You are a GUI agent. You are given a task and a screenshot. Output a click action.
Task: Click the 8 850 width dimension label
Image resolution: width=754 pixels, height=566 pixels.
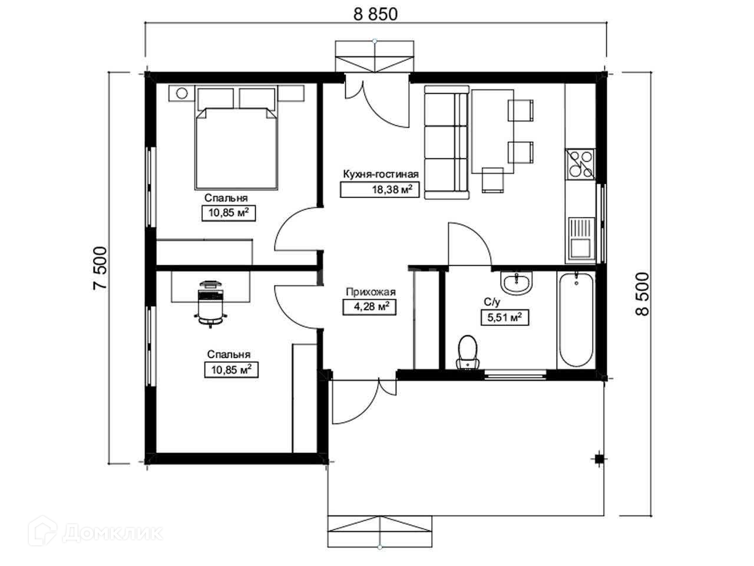click(x=375, y=14)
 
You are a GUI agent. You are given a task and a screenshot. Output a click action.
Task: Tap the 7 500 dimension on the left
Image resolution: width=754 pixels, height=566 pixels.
click(x=100, y=268)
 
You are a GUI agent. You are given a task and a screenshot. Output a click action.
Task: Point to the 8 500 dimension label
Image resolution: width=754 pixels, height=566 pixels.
click(x=642, y=294)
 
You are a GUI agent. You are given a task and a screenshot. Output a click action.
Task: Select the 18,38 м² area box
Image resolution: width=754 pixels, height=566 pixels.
click(x=379, y=189)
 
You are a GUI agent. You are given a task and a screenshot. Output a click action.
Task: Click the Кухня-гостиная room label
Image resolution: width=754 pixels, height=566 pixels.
click(x=381, y=174)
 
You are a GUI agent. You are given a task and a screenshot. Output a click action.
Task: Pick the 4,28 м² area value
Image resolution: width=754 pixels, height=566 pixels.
click(x=369, y=307)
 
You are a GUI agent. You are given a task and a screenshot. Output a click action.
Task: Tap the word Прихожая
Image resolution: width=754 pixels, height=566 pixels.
click(x=371, y=292)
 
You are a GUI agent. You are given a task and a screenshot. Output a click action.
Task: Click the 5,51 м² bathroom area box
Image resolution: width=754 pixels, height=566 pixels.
click(x=505, y=318)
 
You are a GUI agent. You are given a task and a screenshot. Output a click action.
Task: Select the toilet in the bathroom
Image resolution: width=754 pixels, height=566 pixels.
click(x=468, y=352)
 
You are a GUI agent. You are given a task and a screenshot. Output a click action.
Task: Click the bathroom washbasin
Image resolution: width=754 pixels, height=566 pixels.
click(x=516, y=283)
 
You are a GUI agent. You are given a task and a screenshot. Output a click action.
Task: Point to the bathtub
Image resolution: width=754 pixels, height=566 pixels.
click(x=576, y=320)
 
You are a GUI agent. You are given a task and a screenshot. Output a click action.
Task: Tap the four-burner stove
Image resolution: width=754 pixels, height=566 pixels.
click(x=580, y=164)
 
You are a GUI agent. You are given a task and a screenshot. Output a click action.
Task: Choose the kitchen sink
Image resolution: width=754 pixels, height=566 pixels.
click(x=581, y=239)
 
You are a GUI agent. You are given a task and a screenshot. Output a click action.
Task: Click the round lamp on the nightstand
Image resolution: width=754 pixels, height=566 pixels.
click(x=181, y=93)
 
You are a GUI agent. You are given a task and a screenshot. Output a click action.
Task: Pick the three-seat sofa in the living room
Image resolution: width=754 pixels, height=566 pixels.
click(x=447, y=143)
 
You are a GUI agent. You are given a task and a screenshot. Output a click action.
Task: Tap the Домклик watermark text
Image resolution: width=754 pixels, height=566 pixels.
click(x=113, y=534)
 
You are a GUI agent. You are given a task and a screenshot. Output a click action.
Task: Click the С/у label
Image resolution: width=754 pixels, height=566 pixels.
click(x=492, y=302)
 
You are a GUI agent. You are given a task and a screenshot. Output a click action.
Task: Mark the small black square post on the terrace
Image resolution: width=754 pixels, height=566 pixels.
click(x=598, y=459)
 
